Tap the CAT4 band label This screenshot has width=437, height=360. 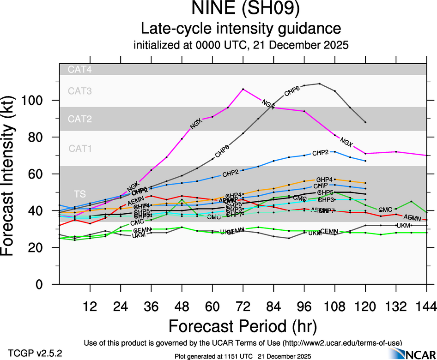pos(80,70)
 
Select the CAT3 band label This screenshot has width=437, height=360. pos(80,91)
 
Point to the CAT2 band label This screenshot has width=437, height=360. pos(80,119)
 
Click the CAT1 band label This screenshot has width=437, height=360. pos(80,149)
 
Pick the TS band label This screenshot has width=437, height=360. pos(80,193)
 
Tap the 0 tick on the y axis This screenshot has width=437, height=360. pos(46,284)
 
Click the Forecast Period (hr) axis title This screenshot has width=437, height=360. pos(243,327)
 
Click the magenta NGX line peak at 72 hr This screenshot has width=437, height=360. pos(243,89)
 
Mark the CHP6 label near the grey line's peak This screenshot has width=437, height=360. pos(291,90)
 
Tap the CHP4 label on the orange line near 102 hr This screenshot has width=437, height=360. pos(325,180)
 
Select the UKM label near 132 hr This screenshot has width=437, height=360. pos(404,225)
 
